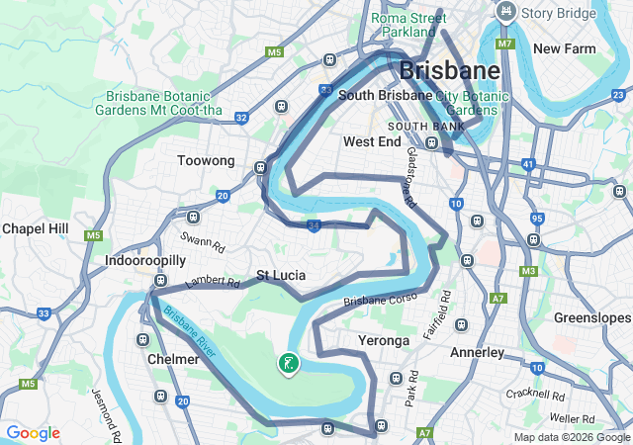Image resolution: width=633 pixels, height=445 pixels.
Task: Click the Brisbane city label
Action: pos(450,71)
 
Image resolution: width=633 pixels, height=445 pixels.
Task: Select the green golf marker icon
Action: pos(289,364)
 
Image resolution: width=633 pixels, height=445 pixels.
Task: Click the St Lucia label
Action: pos(281,275)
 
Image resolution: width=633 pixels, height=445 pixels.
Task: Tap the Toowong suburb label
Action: pos(206,160)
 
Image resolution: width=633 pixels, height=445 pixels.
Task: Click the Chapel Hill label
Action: pos(35,228)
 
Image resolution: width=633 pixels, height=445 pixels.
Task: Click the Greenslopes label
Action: pos(592,318)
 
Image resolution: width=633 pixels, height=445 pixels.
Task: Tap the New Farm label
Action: pos(562,48)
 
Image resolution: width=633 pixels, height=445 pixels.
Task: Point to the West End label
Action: pos(372,141)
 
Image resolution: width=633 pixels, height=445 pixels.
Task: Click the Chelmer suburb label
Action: pos(173,359)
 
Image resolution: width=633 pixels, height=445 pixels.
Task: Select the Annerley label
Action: pos(477,352)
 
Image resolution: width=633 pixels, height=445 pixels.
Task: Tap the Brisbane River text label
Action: pos(190,332)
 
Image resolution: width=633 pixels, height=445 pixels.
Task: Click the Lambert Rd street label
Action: pos(213,283)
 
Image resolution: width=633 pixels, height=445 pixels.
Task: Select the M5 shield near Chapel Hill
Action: pos(94,236)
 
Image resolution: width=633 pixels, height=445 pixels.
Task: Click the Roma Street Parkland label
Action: pos(408,25)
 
